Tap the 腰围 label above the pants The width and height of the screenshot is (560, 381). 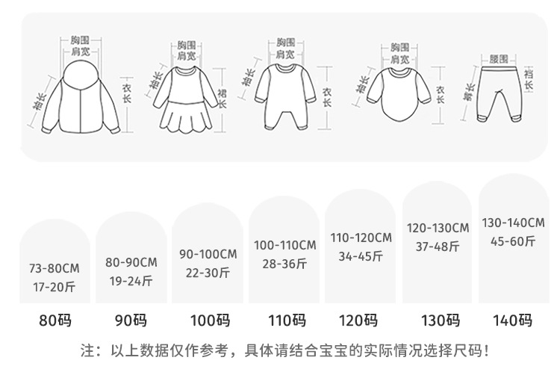[x=499, y=58]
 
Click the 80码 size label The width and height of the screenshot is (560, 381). [x=55, y=321]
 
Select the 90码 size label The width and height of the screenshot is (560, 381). [x=131, y=321]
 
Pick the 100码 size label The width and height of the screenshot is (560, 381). [x=210, y=321]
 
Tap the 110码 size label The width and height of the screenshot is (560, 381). [x=287, y=321]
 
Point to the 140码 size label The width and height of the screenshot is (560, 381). [x=512, y=321]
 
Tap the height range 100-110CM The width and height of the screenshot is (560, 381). [x=285, y=245]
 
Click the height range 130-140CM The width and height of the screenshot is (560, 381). [x=513, y=223]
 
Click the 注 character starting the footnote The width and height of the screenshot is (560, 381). [x=87, y=350]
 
